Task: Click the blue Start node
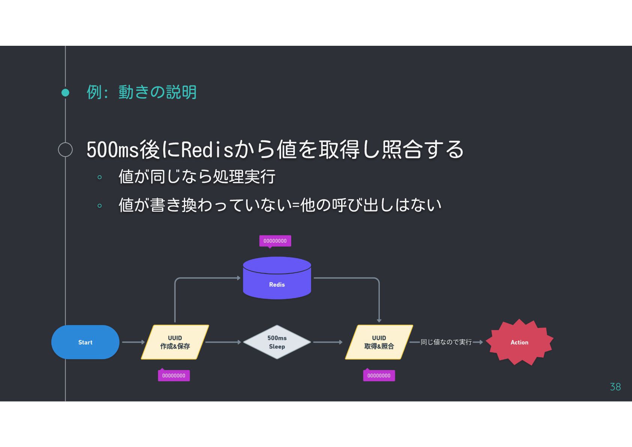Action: (85, 342)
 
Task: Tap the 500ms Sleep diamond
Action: (277, 342)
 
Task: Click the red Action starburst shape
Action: (519, 342)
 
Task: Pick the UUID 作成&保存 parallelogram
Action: (175, 342)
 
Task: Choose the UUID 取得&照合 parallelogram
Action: (379, 342)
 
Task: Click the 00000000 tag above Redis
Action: (275, 241)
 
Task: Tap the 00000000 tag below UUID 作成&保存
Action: (174, 376)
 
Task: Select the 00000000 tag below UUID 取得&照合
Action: (379, 376)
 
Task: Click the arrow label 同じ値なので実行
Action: (446, 342)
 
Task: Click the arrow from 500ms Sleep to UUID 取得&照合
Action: (328, 342)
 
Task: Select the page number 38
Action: (615, 387)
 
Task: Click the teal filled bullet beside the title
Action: (65, 92)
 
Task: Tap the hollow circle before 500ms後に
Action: (65, 149)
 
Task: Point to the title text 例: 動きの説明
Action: (141, 92)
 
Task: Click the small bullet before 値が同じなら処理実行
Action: (99, 177)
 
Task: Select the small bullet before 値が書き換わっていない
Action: (99, 206)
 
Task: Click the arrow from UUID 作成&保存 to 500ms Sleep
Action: (223, 342)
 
